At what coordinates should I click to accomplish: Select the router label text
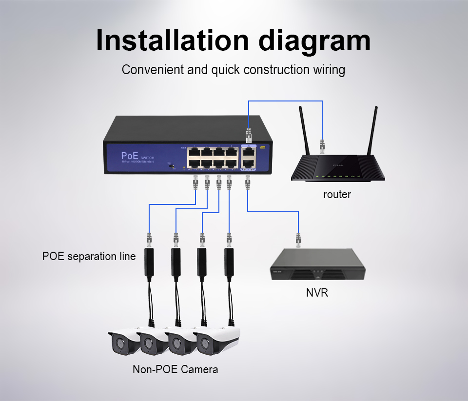pos(337,195)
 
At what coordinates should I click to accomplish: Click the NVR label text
pos(317,293)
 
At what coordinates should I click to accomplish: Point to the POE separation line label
pos(89,256)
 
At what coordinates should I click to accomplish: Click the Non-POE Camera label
pos(175,369)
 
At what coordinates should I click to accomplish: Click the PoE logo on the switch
pos(129,156)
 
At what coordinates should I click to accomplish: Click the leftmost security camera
pos(122,341)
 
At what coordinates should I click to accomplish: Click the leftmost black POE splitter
pos(149,262)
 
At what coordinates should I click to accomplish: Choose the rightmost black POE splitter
pos(229,262)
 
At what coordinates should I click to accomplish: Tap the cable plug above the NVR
pos(297,240)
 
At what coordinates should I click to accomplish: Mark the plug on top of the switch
pos(249,132)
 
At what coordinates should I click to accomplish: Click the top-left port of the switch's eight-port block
pos(195,151)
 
